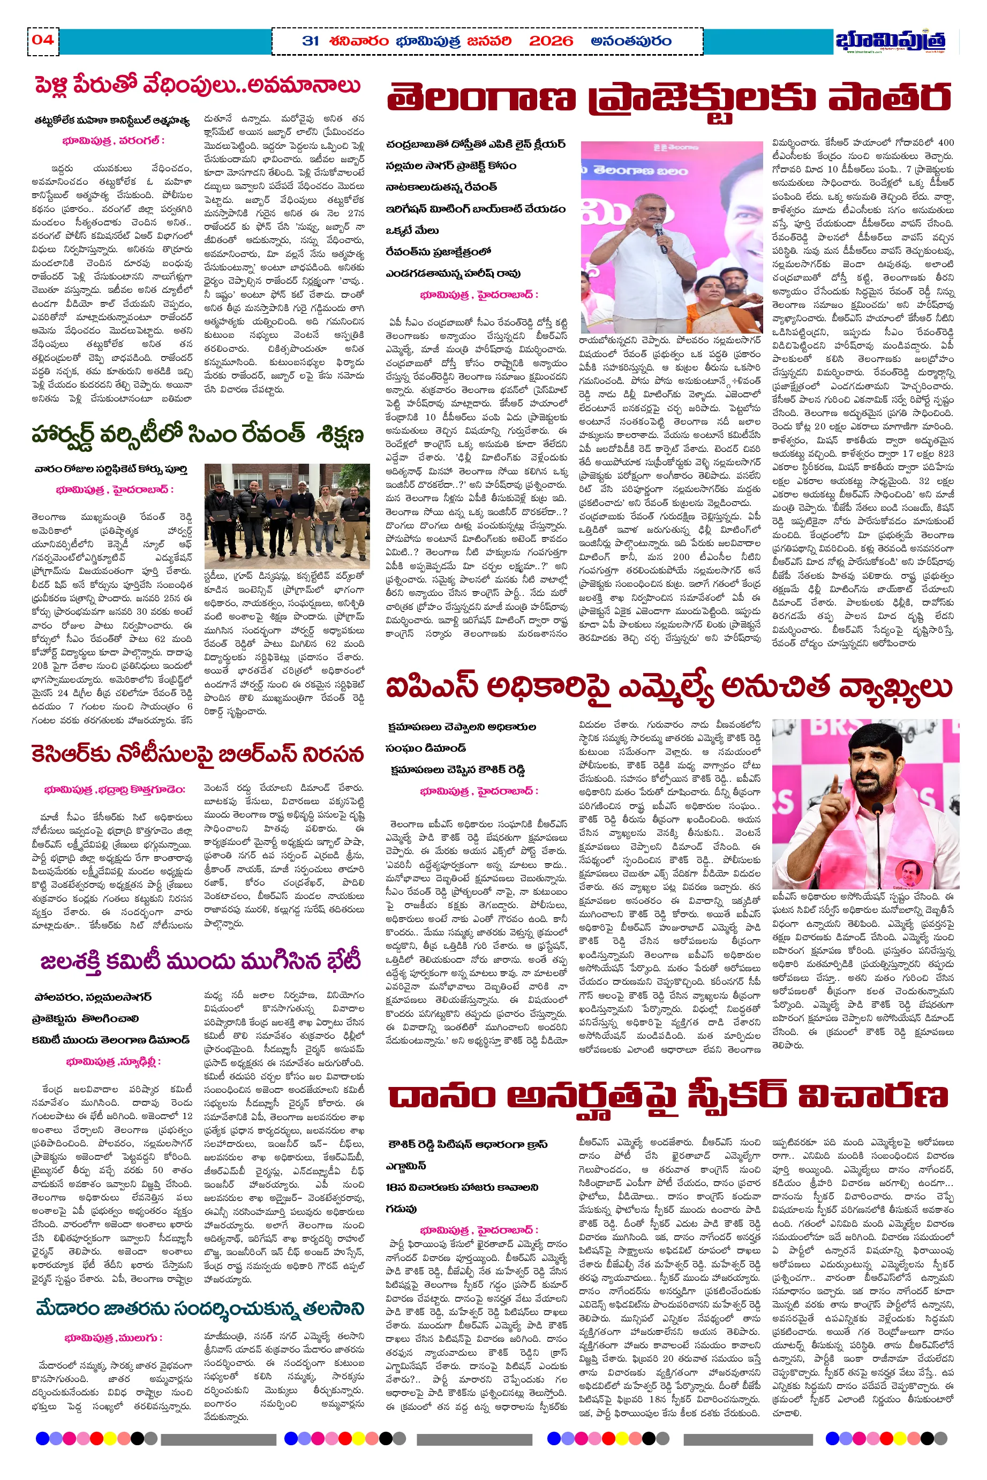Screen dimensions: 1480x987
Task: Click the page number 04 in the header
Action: (x=43, y=40)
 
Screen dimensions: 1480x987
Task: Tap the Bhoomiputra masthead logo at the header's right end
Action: (x=891, y=41)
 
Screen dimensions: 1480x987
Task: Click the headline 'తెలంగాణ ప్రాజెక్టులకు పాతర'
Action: (x=668, y=99)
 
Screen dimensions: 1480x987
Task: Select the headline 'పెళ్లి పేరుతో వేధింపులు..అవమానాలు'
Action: (x=198, y=86)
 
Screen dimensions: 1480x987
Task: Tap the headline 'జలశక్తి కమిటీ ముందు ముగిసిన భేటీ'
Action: (x=200, y=962)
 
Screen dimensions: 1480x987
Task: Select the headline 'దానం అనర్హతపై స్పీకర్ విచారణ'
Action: (x=668, y=1096)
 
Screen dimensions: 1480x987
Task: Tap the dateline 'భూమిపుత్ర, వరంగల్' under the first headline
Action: (x=114, y=141)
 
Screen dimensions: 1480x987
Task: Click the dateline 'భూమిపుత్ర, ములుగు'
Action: (x=114, y=1337)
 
